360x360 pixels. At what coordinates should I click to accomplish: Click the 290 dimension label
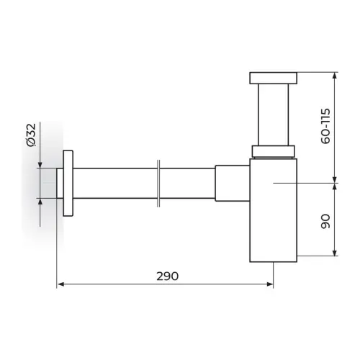[168, 276]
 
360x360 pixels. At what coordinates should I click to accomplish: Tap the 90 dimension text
[325, 221]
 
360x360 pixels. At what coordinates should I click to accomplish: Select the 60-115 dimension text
[325, 126]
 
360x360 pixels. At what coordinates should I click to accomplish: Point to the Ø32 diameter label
[31, 135]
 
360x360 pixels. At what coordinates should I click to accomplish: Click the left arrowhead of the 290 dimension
[61, 284]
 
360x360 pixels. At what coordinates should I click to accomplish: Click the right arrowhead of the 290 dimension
[270, 284]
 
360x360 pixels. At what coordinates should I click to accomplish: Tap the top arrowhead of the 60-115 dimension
[335, 76]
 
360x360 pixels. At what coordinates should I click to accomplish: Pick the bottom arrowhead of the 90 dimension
[335, 253]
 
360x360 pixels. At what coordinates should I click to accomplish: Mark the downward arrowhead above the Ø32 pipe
[40, 165]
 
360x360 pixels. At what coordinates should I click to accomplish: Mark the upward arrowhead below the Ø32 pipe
[40, 202]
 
